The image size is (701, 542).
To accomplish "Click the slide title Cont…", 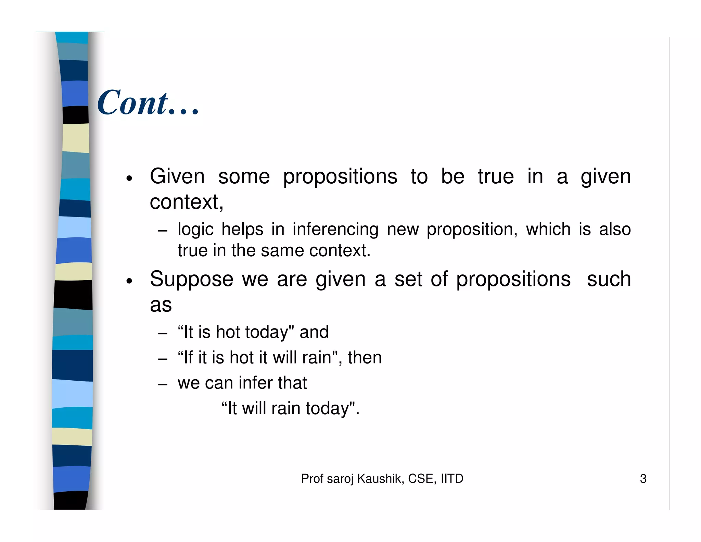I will (x=148, y=102).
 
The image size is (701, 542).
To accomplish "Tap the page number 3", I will (x=643, y=479).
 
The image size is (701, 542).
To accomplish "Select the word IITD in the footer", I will (x=452, y=479).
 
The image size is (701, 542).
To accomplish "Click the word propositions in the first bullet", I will (x=340, y=177).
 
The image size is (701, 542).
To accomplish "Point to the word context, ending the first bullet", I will (x=187, y=202).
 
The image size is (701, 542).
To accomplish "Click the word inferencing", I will (x=335, y=230).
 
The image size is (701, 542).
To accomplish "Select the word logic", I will (x=195, y=230).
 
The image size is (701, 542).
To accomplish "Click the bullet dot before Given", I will (x=129, y=178).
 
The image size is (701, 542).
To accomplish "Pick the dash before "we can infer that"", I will (x=163, y=384).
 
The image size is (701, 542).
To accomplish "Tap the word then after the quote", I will (x=365, y=358).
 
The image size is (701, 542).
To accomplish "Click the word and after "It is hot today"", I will (x=314, y=332).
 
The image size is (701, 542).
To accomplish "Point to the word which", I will (x=548, y=229).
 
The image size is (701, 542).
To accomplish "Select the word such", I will (x=609, y=279).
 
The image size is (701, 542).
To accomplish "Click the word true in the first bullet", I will (x=496, y=177).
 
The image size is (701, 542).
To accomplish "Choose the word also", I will (x=615, y=229).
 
